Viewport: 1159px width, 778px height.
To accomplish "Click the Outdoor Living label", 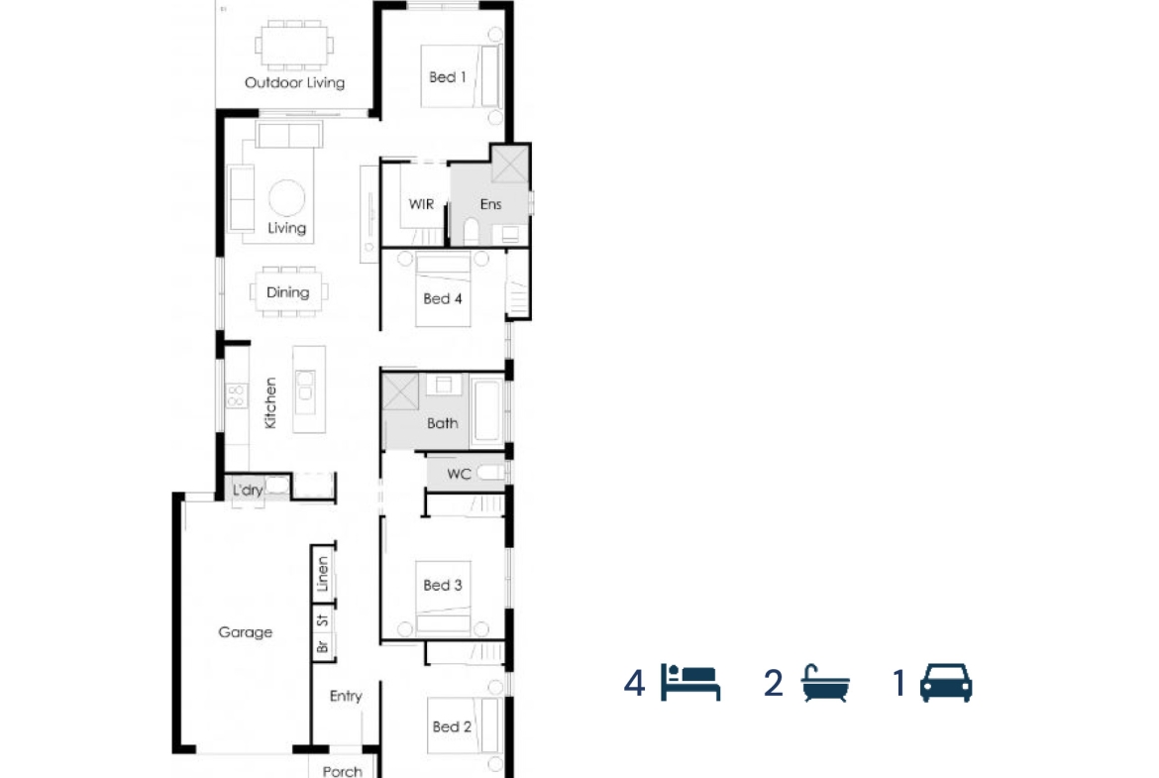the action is coord(294,82).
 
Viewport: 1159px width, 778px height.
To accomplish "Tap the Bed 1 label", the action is coord(447,77).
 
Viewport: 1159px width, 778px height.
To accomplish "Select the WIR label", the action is coord(421,204).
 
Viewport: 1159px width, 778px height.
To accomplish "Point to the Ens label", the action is coord(490,204).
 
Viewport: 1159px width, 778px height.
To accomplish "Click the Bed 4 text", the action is coord(442,298).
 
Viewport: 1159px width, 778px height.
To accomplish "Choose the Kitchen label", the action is coord(270,403).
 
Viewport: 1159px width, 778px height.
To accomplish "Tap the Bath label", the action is coord(442,424).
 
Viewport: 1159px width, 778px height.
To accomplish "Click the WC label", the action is coord(459,474).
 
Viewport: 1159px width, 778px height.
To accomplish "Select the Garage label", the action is coord(246,632).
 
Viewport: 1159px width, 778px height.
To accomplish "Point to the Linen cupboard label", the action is coord(322,574).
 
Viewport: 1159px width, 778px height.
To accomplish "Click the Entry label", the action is coord(346,696).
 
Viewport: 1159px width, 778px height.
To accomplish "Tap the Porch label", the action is coord(342,771).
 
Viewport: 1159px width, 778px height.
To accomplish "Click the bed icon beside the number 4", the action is coord(690,682).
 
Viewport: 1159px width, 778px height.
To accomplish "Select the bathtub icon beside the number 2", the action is coord(825,683).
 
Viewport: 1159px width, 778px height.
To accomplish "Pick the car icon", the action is coord(946,682).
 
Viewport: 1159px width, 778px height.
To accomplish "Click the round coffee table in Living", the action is coord(287,198).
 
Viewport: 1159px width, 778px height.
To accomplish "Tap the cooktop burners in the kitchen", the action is coord(236,394).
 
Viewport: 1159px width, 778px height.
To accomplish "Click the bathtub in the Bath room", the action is coord(487,411).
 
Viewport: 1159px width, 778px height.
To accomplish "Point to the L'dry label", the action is coord(248,490).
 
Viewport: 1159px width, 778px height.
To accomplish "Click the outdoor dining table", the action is coord(294,46).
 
